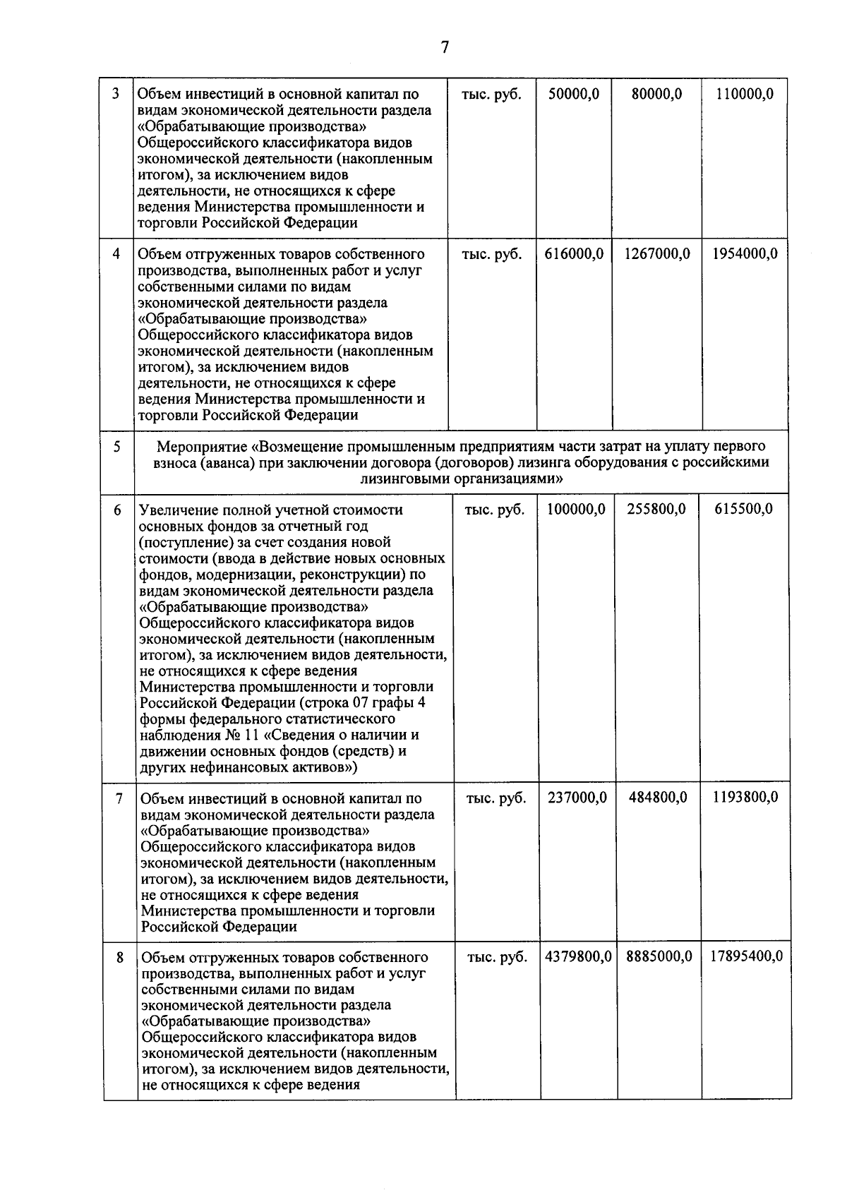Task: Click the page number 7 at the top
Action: [445, 47]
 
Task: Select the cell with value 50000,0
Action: [574, 94]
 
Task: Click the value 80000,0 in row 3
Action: [656, 94]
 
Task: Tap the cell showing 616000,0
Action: [574, 254]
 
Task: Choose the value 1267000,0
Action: [657, 254]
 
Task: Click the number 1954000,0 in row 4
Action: [745, 254]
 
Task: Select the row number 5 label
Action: [117, 447]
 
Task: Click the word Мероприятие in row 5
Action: [203, 447]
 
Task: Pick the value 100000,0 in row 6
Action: [576, 510]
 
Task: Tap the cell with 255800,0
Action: [656, 510]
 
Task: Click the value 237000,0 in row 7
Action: [577, 798]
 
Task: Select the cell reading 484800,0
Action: [658, 798]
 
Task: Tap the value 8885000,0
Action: [659, 957]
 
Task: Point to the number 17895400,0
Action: [746, 957]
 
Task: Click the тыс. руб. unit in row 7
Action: [496, 798]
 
